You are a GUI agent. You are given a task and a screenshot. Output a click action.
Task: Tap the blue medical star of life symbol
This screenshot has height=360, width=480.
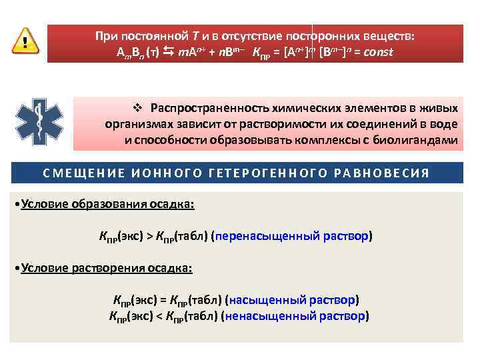pos(40,122)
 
